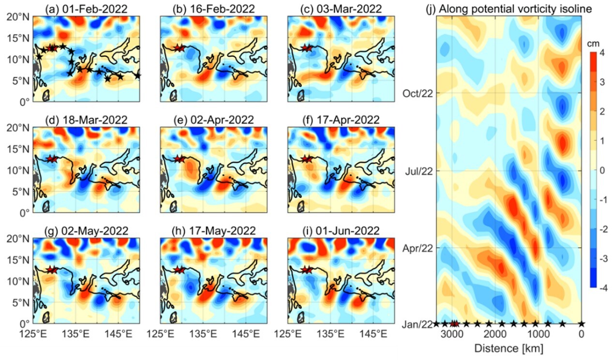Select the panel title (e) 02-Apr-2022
[208, 120]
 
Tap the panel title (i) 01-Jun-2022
[334, 231]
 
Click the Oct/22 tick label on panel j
[418, 93]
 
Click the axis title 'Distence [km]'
[508, 348]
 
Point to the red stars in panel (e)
[180, 159]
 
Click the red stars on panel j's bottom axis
[454, 324]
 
